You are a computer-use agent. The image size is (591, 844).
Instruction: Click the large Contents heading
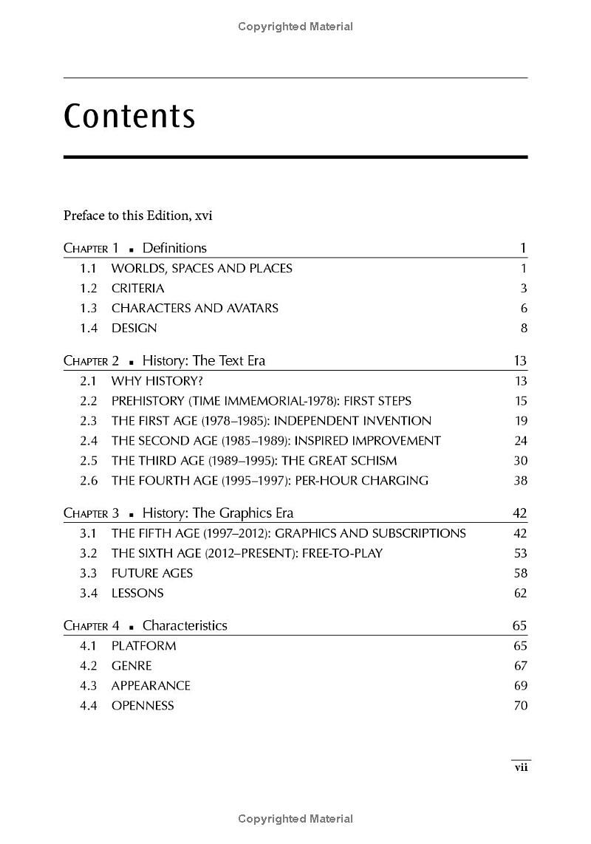pos(129,116)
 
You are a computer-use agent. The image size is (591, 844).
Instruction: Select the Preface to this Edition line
pos(137,216)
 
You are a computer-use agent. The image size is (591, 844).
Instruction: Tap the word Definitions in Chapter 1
pos(174,248)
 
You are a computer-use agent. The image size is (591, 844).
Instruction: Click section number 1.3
pos(89,308)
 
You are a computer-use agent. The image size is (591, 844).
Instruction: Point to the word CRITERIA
pos(137,288)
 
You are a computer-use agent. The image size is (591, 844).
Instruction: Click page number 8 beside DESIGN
pos(524,328)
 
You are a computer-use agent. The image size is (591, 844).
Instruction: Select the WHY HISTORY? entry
pos(157,381)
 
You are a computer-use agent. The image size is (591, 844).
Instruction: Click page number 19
pos(521,421)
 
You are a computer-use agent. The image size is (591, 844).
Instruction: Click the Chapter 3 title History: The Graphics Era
pos(218,513)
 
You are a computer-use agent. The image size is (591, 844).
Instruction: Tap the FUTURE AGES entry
pos(151,573)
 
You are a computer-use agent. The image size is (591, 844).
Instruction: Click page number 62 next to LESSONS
pos(520,593)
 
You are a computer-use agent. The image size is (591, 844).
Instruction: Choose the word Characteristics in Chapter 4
pos(185,625)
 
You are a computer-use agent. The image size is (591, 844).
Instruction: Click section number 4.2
pos(89,665)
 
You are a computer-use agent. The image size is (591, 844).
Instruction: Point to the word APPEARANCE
pos(151,685)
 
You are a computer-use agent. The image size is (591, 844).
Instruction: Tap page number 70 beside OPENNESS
pos(520,705)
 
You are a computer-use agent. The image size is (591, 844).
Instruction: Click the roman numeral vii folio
pos(521,767)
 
